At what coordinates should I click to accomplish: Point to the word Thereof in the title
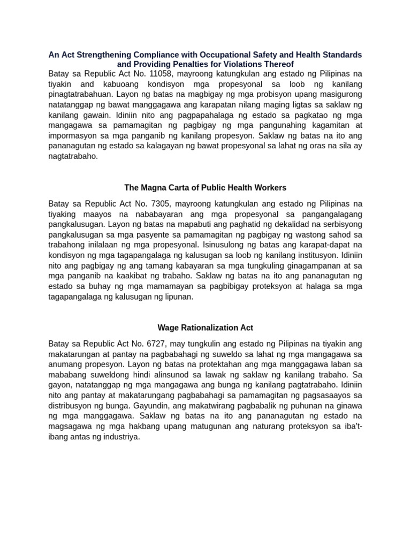(x=279, y=64)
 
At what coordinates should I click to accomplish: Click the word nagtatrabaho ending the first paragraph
(x=73, y=157)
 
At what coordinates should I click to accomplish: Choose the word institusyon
(x=304, y=256)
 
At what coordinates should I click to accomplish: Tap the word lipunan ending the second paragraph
(x=177, y=297)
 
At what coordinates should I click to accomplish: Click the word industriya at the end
(x=121, y=437)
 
